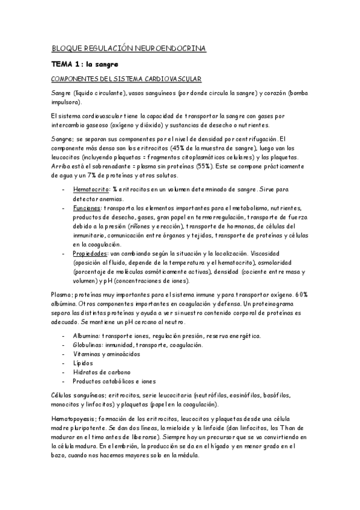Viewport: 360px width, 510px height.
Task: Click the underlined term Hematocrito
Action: pos(89,190)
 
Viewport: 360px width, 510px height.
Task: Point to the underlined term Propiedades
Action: pos(90,254)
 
